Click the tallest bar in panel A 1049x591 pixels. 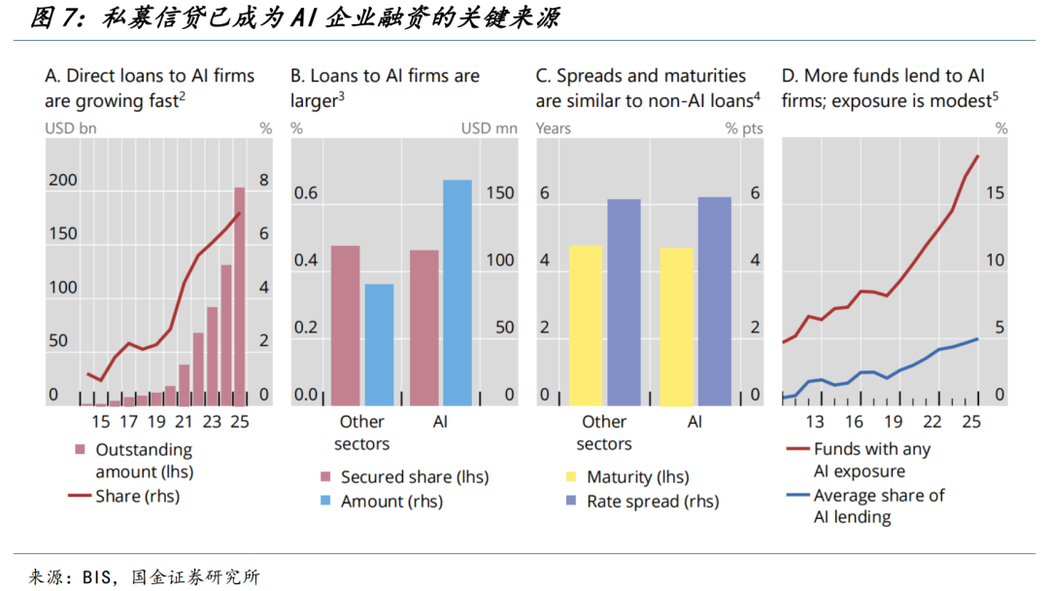[x=240, y=296]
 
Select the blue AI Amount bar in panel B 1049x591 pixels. [x=457, y=292]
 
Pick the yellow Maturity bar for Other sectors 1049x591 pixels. [x=585, y=325]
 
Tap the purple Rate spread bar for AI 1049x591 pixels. [x=714, y=300]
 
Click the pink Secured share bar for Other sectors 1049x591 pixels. [x=345, y=325]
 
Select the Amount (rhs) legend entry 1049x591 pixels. [x=391, y=502]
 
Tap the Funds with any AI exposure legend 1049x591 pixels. [x=871, y=460]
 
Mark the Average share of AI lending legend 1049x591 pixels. [x=878, y=505]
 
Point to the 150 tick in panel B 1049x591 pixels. [x=499, y=193]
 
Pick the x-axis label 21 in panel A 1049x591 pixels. [x=185, y=422]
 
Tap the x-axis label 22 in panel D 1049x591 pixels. [x=932, y=422]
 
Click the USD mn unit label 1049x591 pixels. [x=489, y=128]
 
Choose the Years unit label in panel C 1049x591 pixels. [x=554, y=128]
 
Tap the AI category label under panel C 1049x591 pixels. [x=694, y=422]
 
